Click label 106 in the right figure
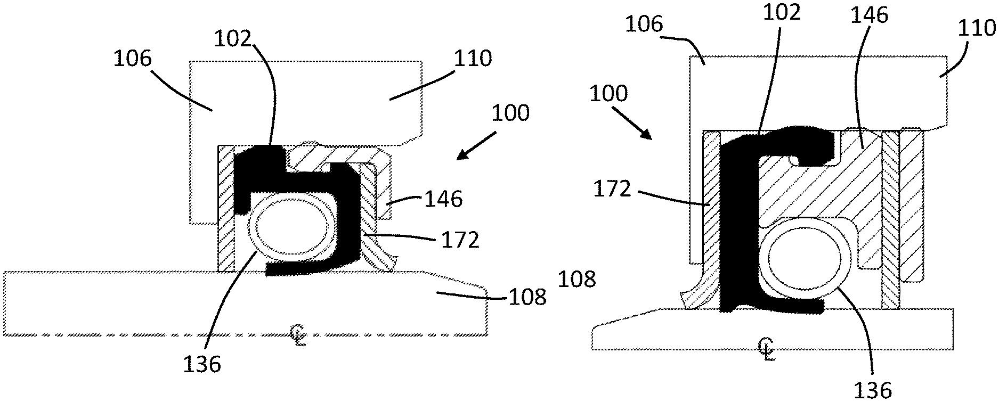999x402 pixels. click(x=644, y=24)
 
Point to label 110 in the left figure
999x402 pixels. click(x=473, y=58)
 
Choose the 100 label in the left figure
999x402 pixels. click(x=510, y=113)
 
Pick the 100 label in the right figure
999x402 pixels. click(x=609, y=94)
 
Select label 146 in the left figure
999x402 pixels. click(x=443, y=200)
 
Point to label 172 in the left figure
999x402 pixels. click(x=460, y=241)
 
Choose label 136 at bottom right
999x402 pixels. click(x=873, y=390)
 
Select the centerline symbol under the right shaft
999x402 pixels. click(x=767, y=349)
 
